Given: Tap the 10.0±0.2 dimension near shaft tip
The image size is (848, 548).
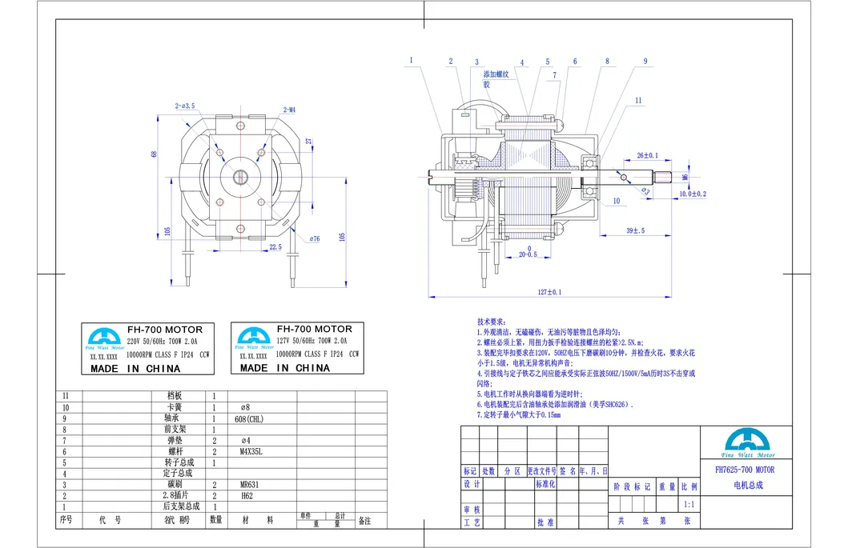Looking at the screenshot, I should pyautogui.click(x=693, y=194).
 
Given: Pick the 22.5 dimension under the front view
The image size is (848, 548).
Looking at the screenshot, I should pyautogui.click(x=275, y=247).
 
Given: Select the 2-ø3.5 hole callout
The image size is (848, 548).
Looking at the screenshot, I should pyautogui.click(x=185, y=106).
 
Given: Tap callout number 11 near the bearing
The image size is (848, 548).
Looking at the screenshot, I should pyautogui.click(x=638, y=100).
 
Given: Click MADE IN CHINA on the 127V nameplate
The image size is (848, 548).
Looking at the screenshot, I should pyautogui.click(x=286, y=368).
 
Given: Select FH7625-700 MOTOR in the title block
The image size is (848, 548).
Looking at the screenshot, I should pyautogui.click(x=744, y=470).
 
